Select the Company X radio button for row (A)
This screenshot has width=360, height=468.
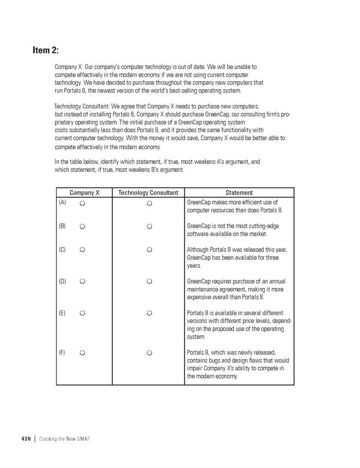tap(82, 204)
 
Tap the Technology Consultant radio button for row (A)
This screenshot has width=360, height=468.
tap(149, 204)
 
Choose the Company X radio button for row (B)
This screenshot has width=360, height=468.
tap(82, 226)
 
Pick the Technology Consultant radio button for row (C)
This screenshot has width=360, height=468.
tap(149, 250)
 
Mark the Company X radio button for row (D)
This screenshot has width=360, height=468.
tap(82, 281)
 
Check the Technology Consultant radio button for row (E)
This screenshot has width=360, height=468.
tap(149, 313)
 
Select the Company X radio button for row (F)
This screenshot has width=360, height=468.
tap(82, 353)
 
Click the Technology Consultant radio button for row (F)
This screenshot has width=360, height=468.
tap(149, 353)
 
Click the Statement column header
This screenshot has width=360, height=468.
tap(239, 193)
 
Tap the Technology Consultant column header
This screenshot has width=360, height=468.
tap(148, 193)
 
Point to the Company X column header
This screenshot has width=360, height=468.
tap(84, 193)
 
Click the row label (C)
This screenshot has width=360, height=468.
tap(62, 249)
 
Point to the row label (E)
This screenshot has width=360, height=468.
tap(62, 313)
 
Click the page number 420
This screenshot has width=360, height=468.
tap(26, 439)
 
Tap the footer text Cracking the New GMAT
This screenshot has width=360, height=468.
tap(64, 439)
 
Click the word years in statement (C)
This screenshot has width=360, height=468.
tap(194, 266)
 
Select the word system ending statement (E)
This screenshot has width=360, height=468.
tap(195, 337)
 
